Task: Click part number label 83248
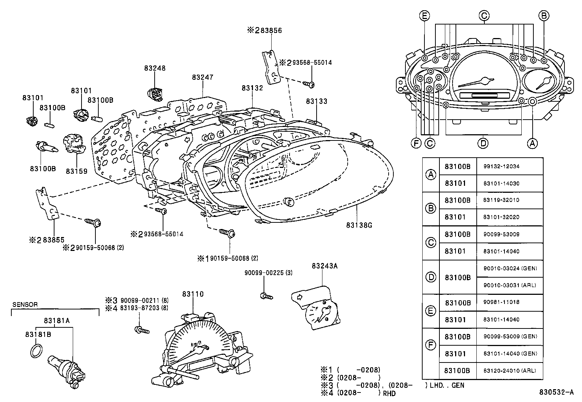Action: [154, 68]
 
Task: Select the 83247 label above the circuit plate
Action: [203, 77]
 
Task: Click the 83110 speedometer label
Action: [193, 294]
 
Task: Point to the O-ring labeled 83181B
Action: [35, 351]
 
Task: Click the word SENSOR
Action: [25, 304]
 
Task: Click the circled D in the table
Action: [431, 277]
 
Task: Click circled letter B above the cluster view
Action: [544, 15]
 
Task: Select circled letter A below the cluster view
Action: [532, 143]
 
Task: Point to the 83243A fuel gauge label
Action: [324, 266]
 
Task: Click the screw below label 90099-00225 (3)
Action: [266, 296]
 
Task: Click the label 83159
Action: [77, 171]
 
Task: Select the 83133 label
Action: [317, 101]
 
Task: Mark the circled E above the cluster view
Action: [424, 15]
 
